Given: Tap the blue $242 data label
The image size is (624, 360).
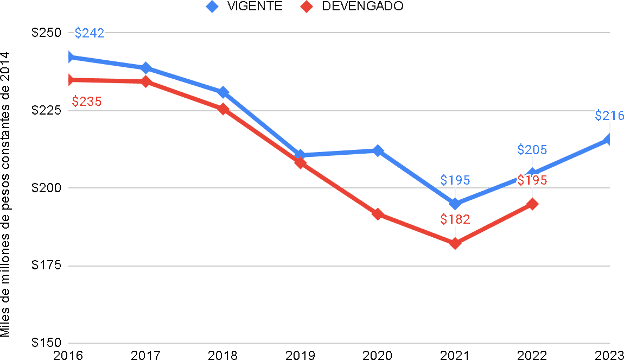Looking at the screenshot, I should pyautogui.click(x=90, y=33).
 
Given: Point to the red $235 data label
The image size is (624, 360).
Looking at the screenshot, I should pyautogui.click(x=87, y=102).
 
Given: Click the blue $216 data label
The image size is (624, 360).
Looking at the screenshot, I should pyautogui.click(x=609, y=116).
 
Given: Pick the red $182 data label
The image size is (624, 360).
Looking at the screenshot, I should pyautogui.click(x=455, y=219).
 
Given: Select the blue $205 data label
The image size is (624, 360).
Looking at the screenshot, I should pyautogui.click(x=532, y=150).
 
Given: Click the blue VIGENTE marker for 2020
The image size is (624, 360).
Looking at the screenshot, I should pyautogui.click(x=378, y=150).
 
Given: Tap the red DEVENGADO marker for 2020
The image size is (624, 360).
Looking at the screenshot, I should pyautogui.click(x=378, y=214).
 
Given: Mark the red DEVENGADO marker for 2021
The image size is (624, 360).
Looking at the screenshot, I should pyautogui.click(x=455, y=243).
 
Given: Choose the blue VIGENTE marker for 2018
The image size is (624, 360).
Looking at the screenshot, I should pyautogui.click(x=223, y=92).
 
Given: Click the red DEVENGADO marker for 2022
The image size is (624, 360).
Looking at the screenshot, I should pyautogui.click(x=533, y=204).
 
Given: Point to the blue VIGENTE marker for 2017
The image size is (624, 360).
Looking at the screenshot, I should pyautogui.click(x=146, y=68).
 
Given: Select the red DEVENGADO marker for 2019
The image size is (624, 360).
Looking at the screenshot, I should pyautogui.click(x=301, y=162).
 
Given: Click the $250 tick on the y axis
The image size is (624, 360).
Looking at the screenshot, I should pyautogui.click(x=46, y=33).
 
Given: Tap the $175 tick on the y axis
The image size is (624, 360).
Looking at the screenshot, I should pyautogui.click(x=46, y=266).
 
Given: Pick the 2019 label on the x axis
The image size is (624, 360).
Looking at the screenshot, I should pyautogui.click(x=301, y=355).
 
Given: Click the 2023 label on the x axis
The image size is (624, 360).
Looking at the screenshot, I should pyautogui.click(x=610, y=355).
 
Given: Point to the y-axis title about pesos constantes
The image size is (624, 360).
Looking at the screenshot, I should pyautogui.click(x=6, y=194).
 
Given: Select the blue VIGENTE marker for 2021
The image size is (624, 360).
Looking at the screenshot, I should pyautogui.click(x=455, y=204).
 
